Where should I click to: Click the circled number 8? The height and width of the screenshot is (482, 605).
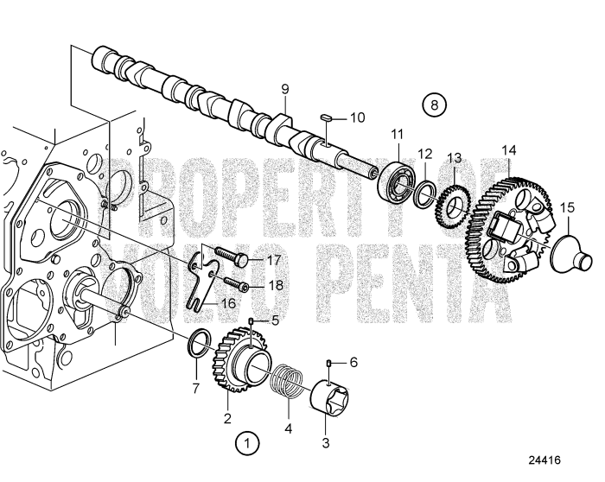pos(434,105)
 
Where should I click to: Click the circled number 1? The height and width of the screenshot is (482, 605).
pos(247,444)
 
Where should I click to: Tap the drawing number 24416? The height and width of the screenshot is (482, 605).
pos(544,460)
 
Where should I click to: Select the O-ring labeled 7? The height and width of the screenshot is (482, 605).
pos(200,343)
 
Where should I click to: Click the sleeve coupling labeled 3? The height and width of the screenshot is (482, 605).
pos(329,398)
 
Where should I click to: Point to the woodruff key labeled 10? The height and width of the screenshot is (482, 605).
pos(328,117)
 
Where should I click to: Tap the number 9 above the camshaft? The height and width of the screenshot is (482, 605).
pos(284,90)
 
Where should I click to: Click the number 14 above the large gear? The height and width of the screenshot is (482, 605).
pos(508,150)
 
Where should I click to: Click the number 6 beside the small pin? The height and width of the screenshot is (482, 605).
pos(353,363)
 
